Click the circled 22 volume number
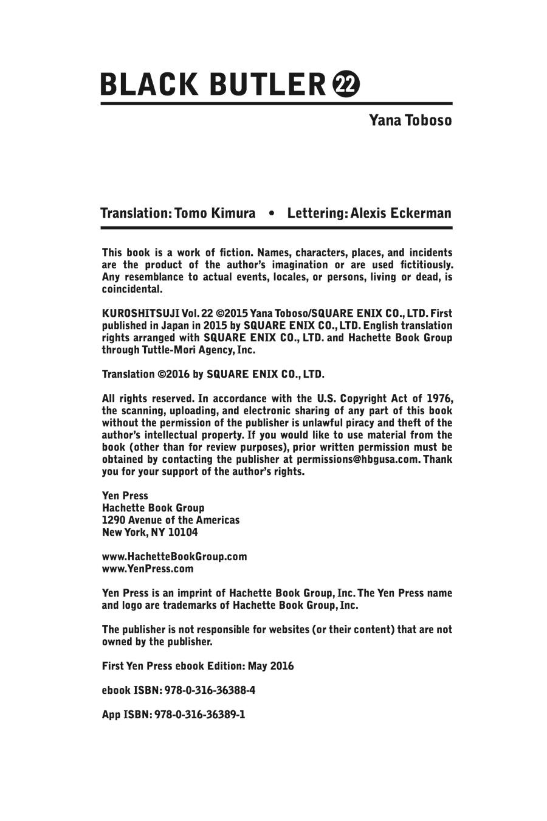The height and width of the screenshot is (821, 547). click(x=347, y=85)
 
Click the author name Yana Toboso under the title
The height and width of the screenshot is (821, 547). click(x=410, y=120)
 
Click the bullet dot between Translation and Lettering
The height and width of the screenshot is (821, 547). click(x=271, y=213)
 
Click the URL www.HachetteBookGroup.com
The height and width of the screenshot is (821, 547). click(x=174, y=556)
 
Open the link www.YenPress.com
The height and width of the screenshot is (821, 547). click(x=148, y=569)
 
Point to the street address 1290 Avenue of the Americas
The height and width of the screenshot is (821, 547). click(x=171, y=520)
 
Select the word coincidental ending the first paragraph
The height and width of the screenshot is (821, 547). click(x=132, y=289)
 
